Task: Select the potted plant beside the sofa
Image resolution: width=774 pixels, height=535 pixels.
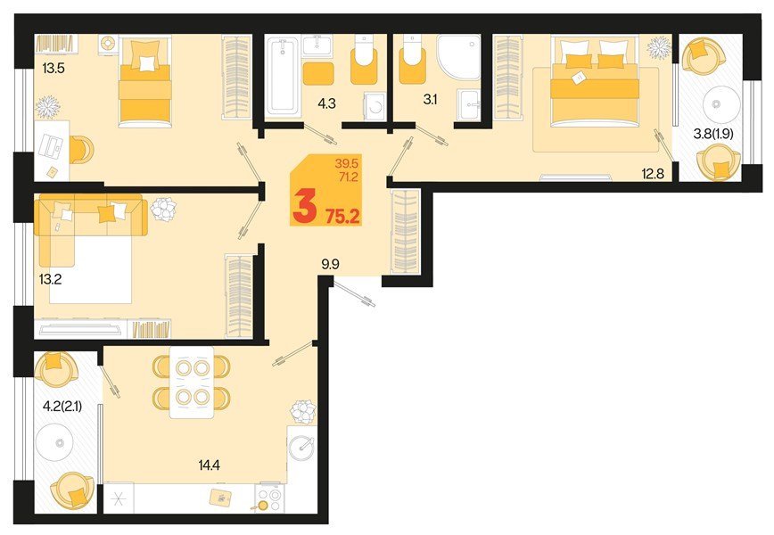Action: coord(163,210)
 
